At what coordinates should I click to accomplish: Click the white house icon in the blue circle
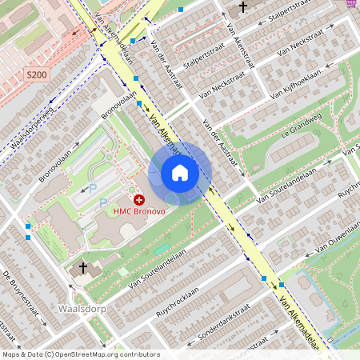point(180,173)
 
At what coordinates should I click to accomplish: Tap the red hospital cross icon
point(139,198)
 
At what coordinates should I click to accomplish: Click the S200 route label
point(36,74)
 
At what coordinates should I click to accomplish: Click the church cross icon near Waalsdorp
point(82,266)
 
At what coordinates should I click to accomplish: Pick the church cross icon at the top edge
point(244,7)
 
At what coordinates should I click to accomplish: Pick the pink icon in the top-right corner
point(351,4)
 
